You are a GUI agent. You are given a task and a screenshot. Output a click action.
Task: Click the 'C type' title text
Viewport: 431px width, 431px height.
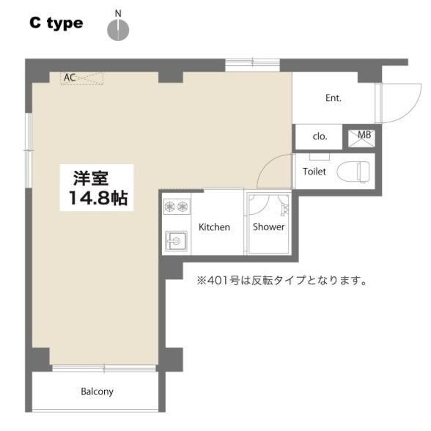pos(56,23)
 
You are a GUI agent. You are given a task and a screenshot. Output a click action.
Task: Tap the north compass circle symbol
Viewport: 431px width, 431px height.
pos(118,29)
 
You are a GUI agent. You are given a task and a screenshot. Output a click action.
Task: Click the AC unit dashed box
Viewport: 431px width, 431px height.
pos(81,78)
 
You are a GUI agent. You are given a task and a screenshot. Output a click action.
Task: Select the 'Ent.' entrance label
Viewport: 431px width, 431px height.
pos(334,98)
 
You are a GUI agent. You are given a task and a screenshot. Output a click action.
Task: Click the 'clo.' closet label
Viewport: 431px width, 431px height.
pos(320,136)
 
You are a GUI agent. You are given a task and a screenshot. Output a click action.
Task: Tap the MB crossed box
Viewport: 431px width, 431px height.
pos(361,138)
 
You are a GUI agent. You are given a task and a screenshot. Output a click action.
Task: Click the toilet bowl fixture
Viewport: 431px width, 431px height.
pos(353,172)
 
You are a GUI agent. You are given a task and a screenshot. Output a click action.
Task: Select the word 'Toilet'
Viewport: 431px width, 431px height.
pos(314,172)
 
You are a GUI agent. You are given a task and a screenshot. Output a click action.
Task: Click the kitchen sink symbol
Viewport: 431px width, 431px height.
pos(176,241)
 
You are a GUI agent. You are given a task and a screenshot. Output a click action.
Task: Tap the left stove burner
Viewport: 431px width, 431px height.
pos(169,206)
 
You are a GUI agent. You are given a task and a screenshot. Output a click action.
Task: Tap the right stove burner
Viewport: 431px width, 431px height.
pos(183,206)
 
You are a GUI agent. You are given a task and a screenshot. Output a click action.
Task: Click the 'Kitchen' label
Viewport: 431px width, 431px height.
pos(214,227)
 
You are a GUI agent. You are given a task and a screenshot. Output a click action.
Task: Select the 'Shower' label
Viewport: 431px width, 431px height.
pos(268,226)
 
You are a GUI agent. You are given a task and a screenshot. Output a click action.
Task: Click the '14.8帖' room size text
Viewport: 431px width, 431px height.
pos(98,198)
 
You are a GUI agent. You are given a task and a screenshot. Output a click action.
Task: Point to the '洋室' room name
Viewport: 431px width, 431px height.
pos(91,178)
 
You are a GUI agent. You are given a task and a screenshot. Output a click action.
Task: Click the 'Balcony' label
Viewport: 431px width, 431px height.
pos(97,391)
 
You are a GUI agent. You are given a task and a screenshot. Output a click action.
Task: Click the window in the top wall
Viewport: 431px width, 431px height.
pos(253,65)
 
